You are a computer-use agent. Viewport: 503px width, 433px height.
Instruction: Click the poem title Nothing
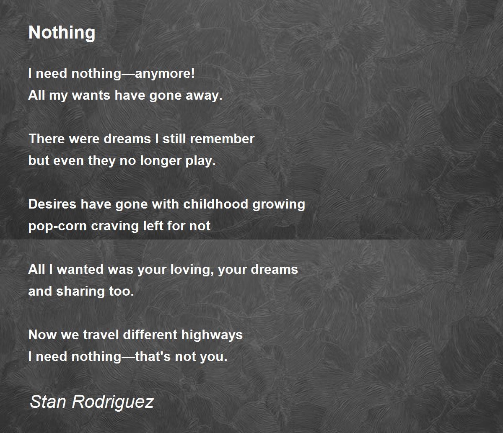pos(62,33)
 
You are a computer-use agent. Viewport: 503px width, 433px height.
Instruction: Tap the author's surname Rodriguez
pos(112,402)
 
